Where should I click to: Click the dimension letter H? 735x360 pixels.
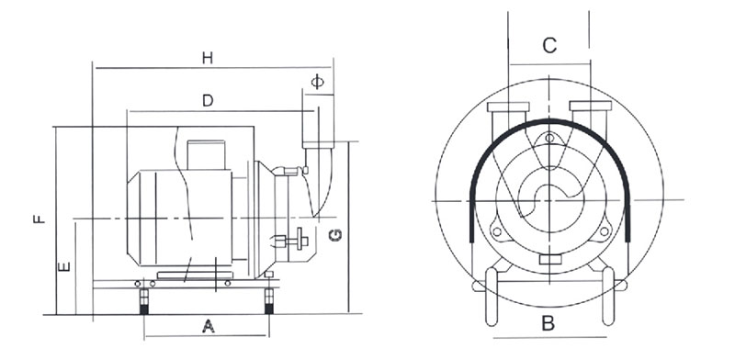coord(208,58)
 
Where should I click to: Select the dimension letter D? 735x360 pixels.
coord(208,100)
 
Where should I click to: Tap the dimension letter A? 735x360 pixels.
coord(209,326)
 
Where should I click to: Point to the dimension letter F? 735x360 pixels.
coord(40,219)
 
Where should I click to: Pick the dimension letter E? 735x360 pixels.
coord(63,266)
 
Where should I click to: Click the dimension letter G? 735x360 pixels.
coord(335,235)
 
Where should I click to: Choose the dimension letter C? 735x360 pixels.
coord(549,46)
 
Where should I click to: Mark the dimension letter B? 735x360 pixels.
coord(548,323)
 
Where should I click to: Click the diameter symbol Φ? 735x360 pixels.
coord(317,82)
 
